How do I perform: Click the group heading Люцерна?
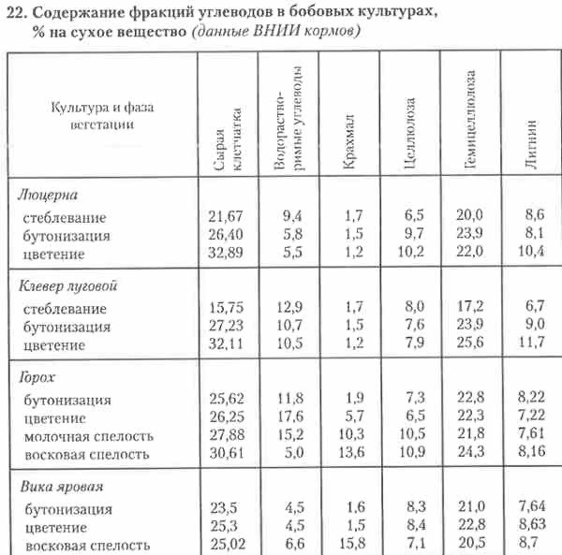47,195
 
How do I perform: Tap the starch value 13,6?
349,454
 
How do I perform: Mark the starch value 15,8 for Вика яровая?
349,545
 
